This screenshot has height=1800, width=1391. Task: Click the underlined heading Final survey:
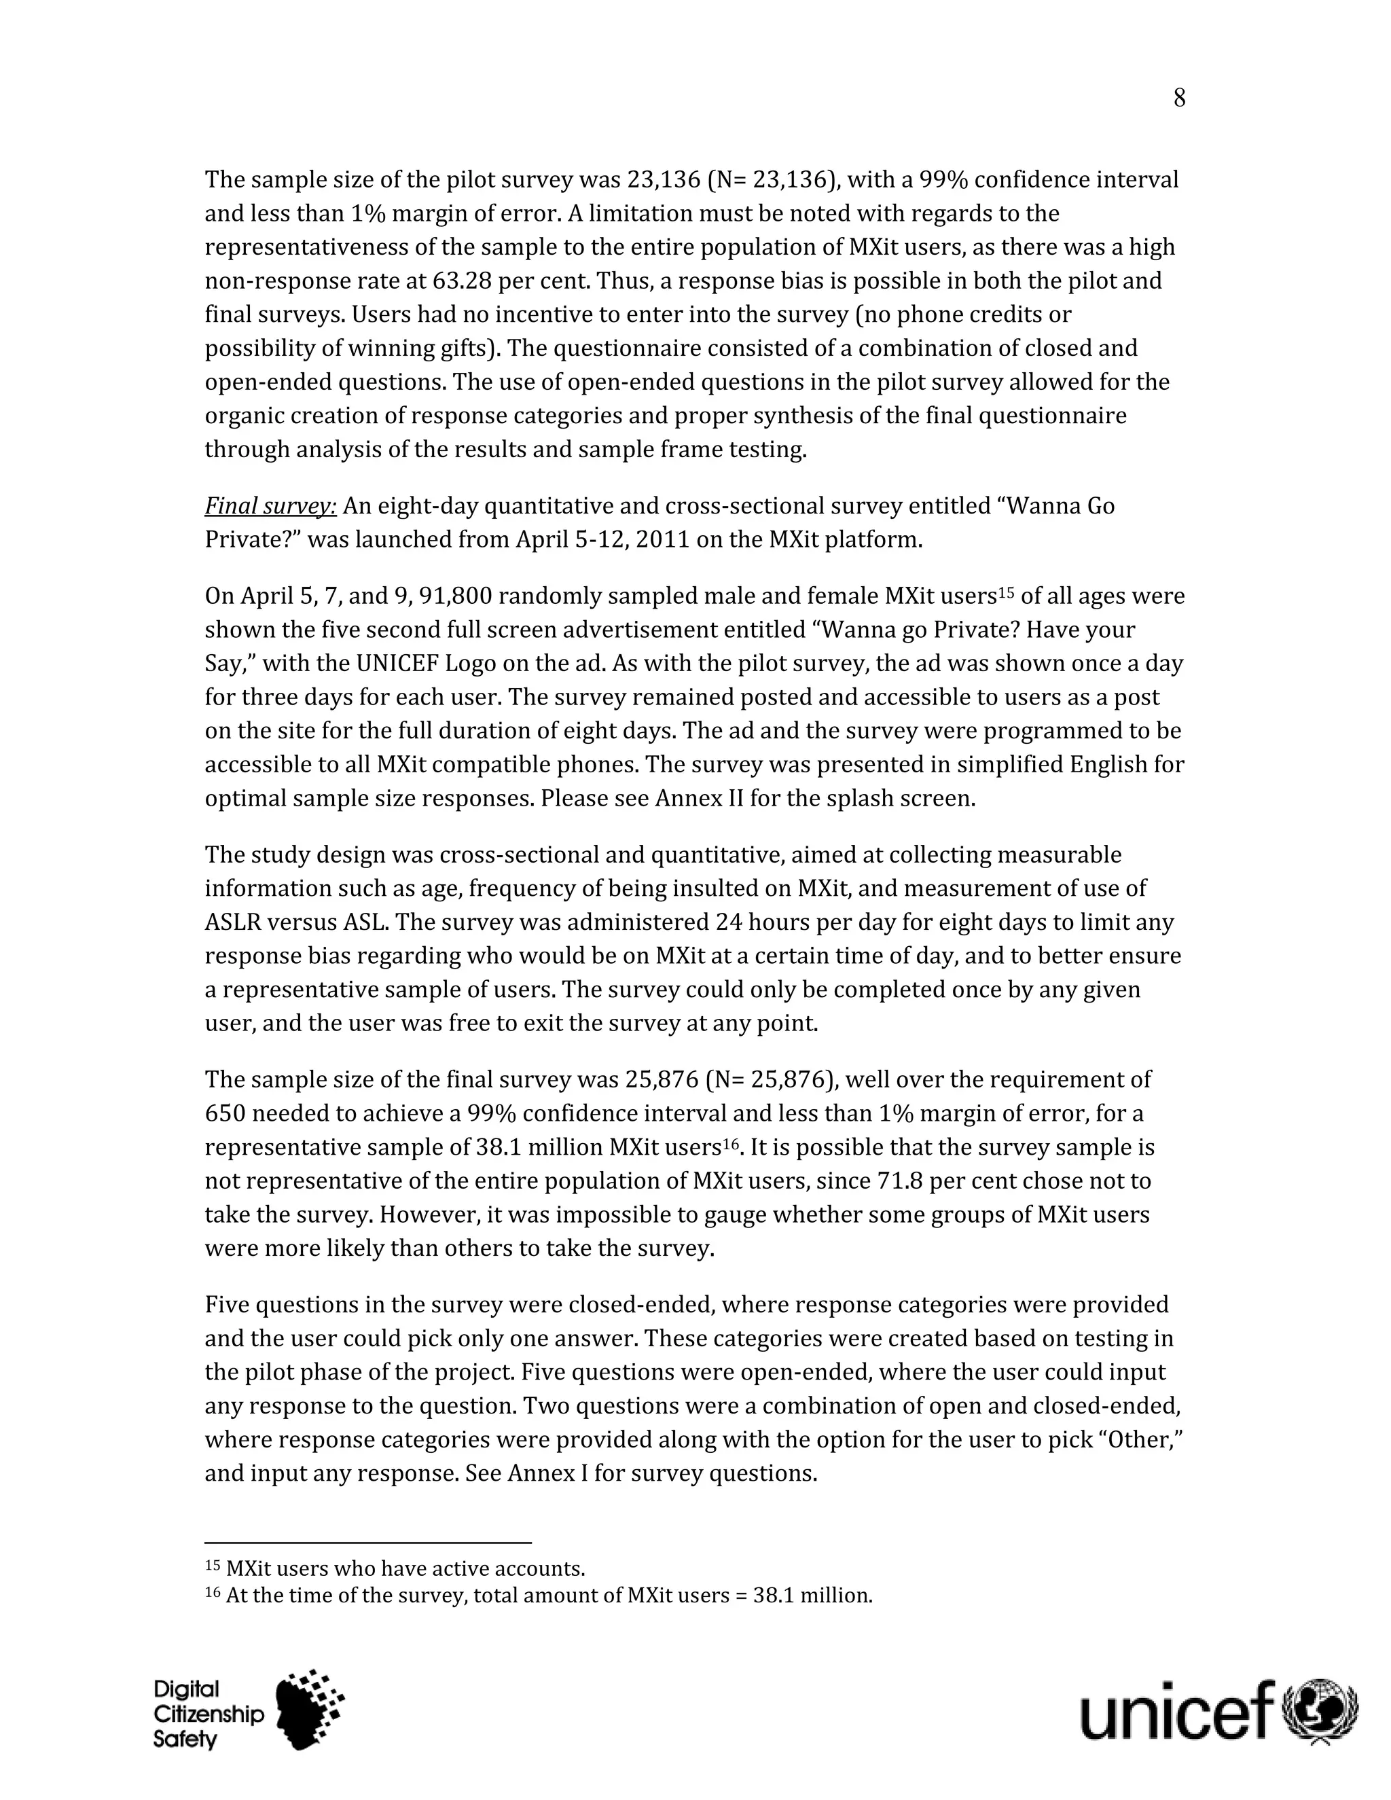tap(270, 505)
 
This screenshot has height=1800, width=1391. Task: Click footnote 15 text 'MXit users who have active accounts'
tap(405, 1568)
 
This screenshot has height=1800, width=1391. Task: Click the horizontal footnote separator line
tap(367, 1543)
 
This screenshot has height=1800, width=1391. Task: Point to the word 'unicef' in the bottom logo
tap(1178, 1711)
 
